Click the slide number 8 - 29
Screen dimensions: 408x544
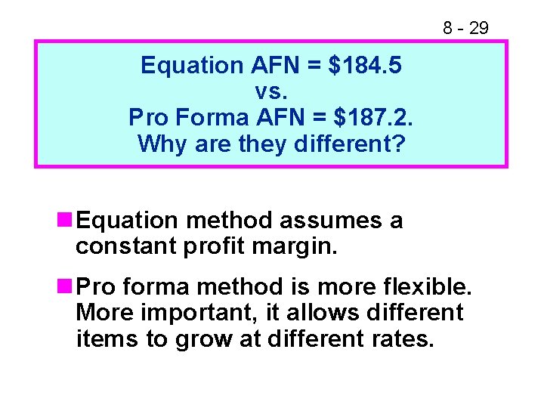[x=465, y=29]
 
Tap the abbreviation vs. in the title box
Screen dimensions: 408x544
[x=270, y=91]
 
